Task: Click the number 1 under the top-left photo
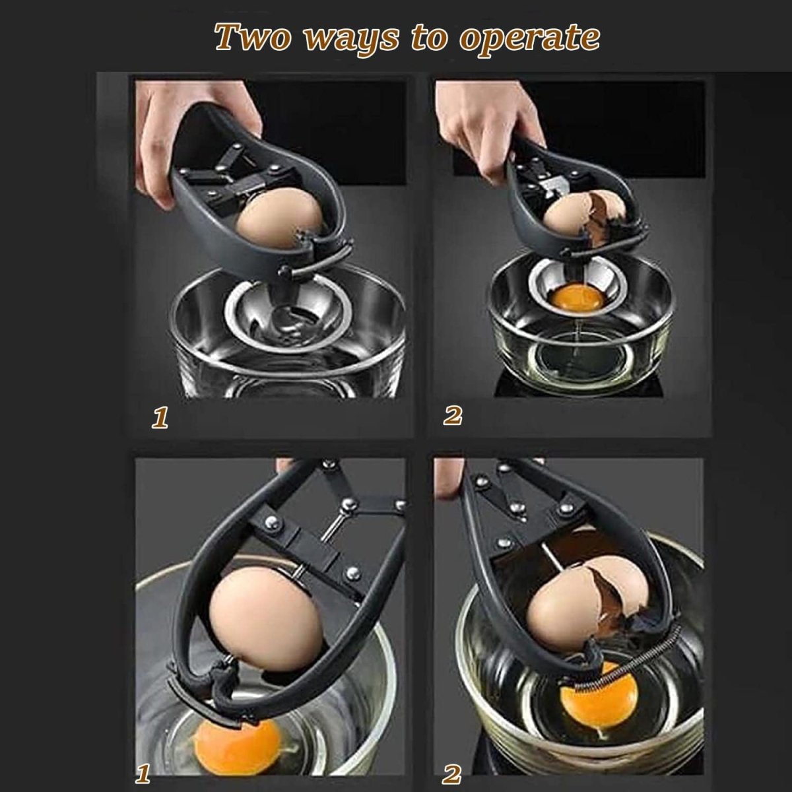tap(160, 418)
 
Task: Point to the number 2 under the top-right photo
tap(453, 416)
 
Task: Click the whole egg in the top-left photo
tap(279, 218)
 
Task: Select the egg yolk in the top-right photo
tap(577, 298)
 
